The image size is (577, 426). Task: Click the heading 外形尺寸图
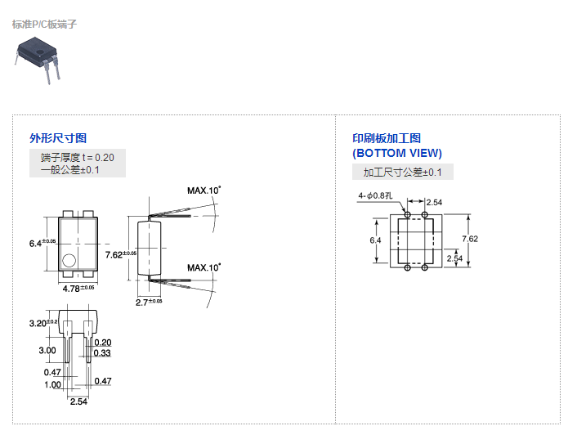click(58, 138)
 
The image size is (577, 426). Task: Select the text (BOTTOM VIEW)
click(397, 153)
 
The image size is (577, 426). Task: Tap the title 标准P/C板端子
click(45, 24)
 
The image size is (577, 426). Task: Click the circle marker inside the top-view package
click(69, 262)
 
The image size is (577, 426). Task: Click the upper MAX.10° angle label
click(204, 191)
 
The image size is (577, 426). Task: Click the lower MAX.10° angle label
click(204, 267)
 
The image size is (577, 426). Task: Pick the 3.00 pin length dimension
click(47, 350)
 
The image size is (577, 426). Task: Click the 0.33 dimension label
click(102, 353)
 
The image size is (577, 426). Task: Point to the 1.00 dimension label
click(52, 384)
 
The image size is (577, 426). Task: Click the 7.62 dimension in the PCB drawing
click(469, 239)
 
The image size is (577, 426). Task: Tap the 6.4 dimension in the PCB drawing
click(375, 240)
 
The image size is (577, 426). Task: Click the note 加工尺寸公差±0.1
click(402, 172)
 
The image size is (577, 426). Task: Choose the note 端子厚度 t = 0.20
click(78, 158)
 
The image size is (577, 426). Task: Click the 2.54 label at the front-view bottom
click(78, 401)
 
